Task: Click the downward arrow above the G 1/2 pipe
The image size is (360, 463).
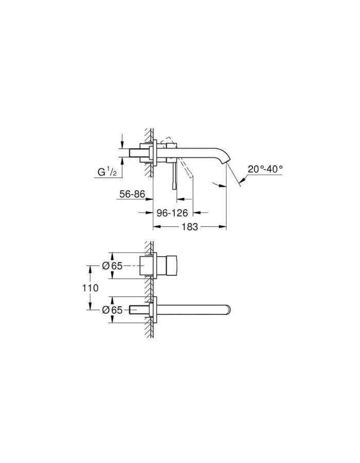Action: pyautogui.click(x=122, y=144)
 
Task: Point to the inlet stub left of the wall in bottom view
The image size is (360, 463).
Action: pyautogui.click(x=139, y=310)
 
